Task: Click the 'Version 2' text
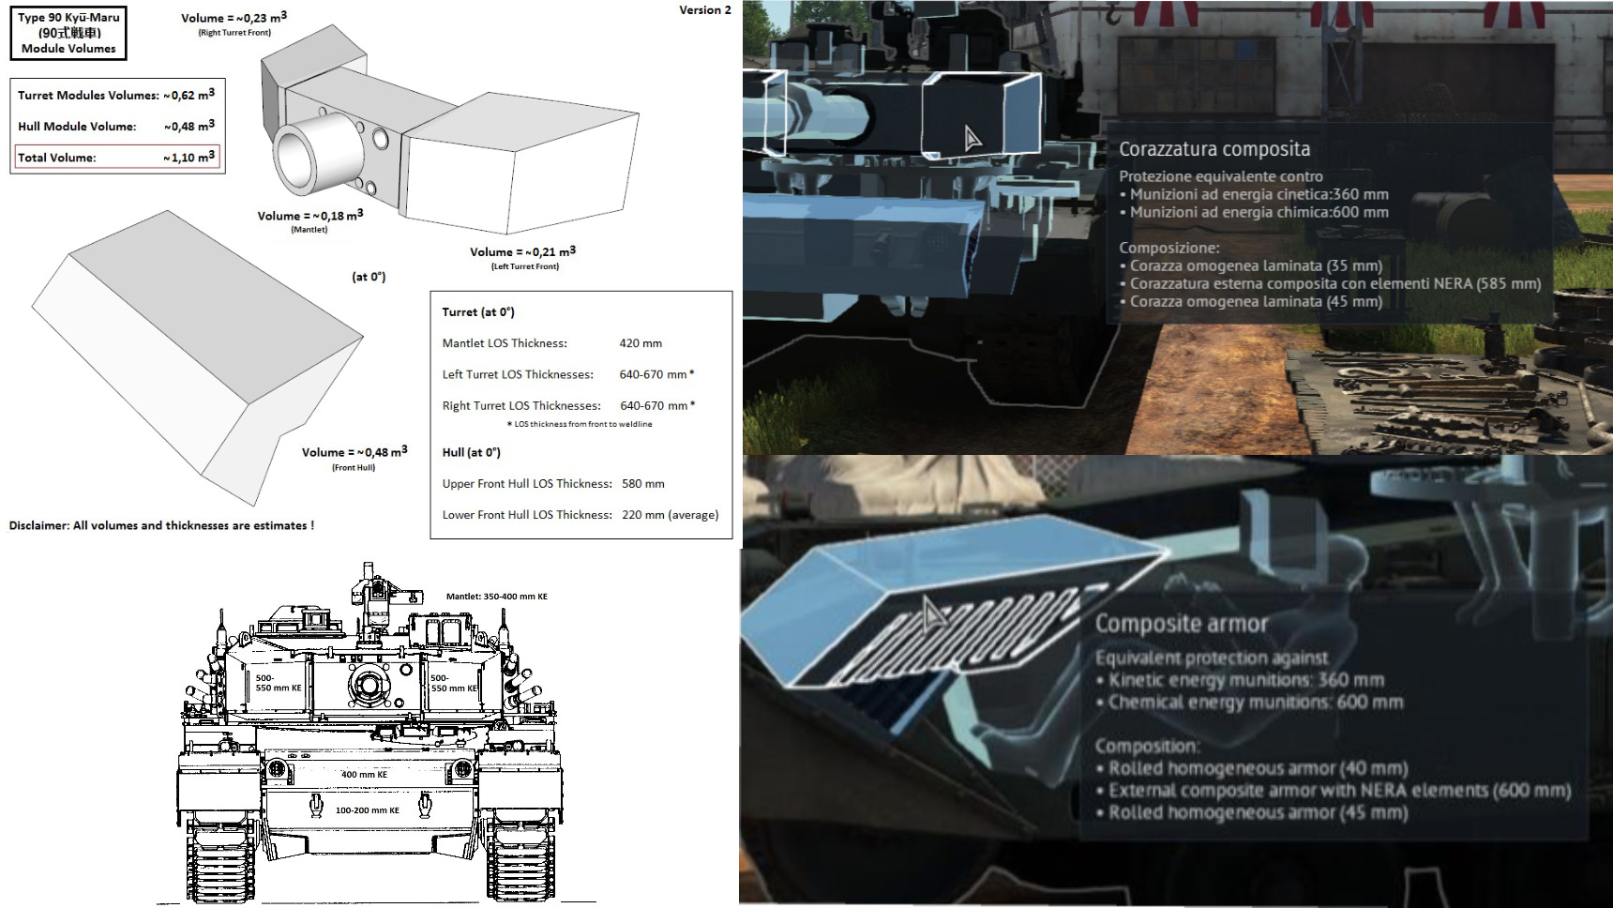705,10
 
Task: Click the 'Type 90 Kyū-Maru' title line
68,17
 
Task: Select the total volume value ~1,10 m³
188,157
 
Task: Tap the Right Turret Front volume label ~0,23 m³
234,18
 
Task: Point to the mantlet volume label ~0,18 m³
310,216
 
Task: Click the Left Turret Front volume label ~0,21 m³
523,251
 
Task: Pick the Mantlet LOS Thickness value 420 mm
641,343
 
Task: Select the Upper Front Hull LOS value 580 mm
643,484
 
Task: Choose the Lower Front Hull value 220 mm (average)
671,515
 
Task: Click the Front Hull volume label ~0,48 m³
354,452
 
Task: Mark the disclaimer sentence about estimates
161,525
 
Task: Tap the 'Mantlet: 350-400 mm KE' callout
497,597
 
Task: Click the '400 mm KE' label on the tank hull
364,775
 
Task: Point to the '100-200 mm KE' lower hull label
368,810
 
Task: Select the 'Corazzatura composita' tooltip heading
1214,149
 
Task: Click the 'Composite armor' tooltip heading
1182,624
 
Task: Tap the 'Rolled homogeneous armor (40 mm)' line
1258,768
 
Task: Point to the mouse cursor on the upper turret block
972,139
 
